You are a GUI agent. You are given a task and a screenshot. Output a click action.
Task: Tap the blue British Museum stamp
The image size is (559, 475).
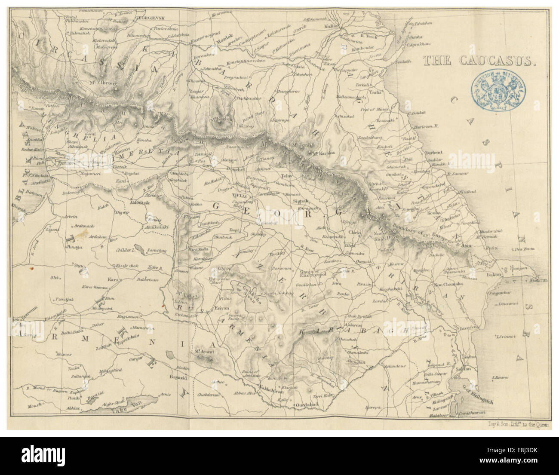(x=499, y=92)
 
